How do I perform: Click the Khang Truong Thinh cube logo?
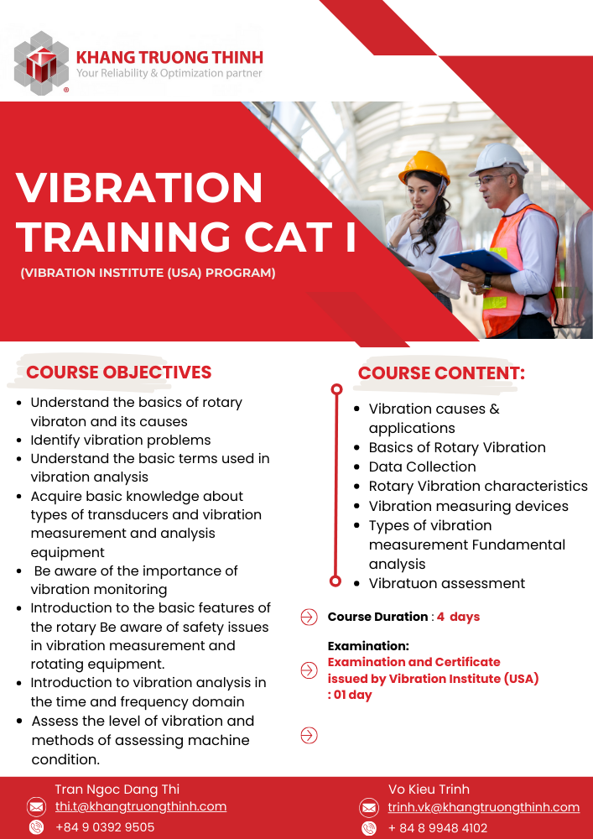pyautogui.click(x=41, y=63)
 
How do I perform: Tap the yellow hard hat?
pyautogui.click(x=424, y=166)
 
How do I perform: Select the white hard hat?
pyautogui.click(x=498, y=159)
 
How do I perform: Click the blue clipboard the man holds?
pyautogui.click(x=478, y=262)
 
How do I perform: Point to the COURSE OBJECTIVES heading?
pyautogui.click(x=119, y=372)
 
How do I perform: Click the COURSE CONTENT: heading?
pyautogui.click(x=441, y=373)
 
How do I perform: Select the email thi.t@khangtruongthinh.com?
pyautogui.click(x=141, y=806)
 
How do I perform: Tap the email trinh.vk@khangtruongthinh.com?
pyautogui.click(x=484, y=807)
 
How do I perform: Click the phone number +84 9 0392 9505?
pyautogui.click(x=105, y=827)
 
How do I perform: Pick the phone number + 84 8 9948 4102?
pyautogui.click(x=437, y=828)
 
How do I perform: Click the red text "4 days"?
pyautogui.click(x=458, y=617)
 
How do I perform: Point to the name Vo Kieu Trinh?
pyautogui.click(x=429, y=789)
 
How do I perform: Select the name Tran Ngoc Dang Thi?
pyautogui.click(x=117, y=789)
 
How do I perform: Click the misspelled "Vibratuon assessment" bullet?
pyautogui.click(x=447, y=583)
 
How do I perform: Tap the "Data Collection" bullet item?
pyautogui.click(x=423, y=466)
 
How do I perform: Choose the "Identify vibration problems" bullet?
pyautogui.click(x=121, y=440)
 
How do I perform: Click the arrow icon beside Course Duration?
pyautogui.click(x=309, y=617)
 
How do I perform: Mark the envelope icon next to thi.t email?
pyautogui.click(x=36, y=807)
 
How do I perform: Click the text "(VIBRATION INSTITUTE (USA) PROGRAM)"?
pyautogui.click(x=148, y=273)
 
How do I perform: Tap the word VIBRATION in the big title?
pyautogui.click(x=139, y=187)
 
